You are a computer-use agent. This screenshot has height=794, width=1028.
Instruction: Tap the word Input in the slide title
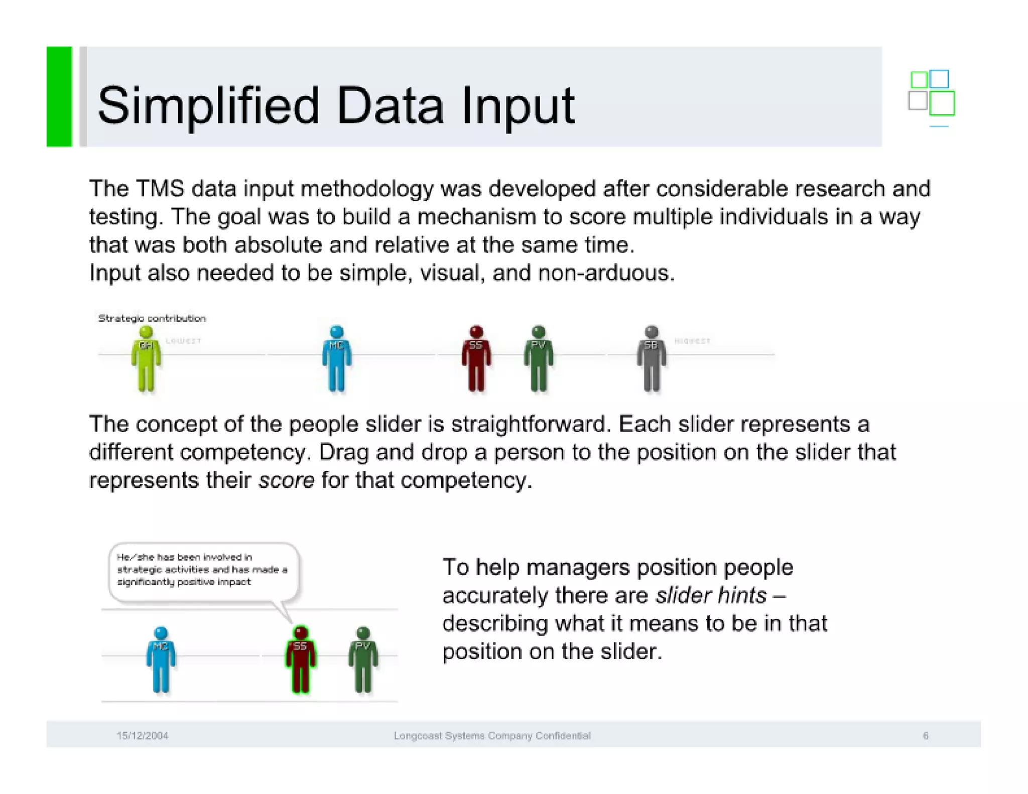click(518, 106)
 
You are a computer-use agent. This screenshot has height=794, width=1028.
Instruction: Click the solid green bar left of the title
click(59, 96)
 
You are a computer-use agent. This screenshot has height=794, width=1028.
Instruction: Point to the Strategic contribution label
click(152, 318)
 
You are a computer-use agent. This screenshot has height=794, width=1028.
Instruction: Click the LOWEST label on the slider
click(183, 341)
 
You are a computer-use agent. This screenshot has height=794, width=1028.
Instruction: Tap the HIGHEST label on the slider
click(692, 341)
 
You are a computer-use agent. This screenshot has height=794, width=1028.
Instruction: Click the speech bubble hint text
click(202, 570)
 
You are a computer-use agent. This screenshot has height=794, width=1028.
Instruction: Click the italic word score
click(286, 480)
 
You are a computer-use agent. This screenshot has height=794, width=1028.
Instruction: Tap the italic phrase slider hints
click(711, 596)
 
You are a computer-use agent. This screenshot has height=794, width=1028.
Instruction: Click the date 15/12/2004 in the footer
click(142, 736)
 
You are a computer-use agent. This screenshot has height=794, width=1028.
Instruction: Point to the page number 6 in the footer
click(925, 736)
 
